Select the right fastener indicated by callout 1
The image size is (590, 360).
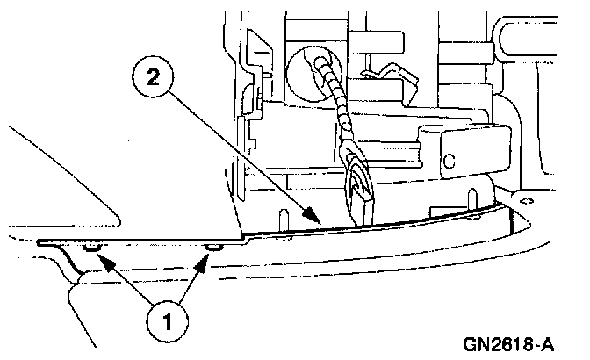click(211, 248)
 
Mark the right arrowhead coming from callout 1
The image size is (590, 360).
click(207, 256)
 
